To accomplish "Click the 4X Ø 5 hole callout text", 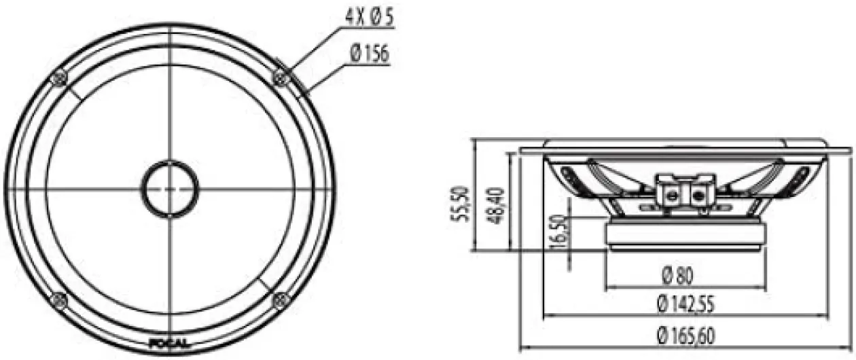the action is click(369, 18).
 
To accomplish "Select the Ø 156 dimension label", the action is click(369, 54).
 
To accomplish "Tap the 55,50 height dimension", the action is click(459, 204).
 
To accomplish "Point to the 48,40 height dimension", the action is click(496, 205).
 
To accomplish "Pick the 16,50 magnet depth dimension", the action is click(558, 232).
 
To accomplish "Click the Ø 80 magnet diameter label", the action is click(677, 275).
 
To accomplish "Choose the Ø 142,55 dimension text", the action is click(686, 304).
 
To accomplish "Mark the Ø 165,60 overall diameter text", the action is click(686, 336).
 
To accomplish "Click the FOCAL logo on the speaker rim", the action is click(168, 343).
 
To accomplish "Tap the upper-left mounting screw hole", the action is click(59, 79).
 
